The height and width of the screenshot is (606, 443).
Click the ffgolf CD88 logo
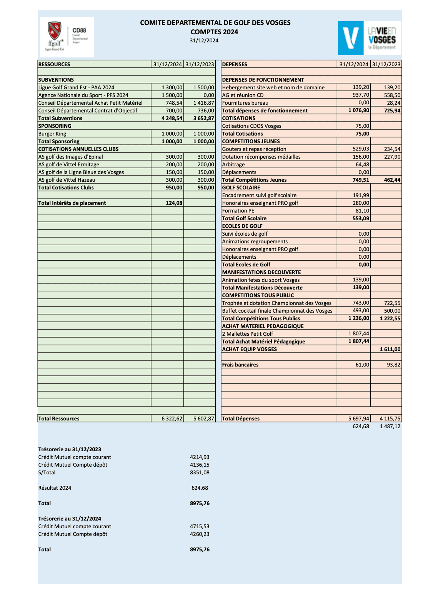pos(67,37)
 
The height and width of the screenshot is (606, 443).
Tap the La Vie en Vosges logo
pos(369,38)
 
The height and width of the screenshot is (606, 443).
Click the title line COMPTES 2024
pos(214,32)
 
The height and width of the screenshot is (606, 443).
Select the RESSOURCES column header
pos(54,64)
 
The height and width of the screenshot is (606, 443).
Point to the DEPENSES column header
pos(235,64)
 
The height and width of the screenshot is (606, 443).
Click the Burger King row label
pos(52,134)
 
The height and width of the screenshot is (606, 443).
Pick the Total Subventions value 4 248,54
pos(172,118)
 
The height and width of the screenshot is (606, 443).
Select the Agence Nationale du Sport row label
pos(83,95)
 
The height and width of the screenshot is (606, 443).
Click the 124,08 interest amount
pos(174,203)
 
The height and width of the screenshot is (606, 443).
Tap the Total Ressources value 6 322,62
pos(172,419)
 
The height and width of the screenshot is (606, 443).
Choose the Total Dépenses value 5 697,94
pos(359,419)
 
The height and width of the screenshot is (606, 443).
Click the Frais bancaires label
pos(240,365)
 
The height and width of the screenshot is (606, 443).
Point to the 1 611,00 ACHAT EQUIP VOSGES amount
pos(390,349)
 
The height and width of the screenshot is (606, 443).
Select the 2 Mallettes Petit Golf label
pos(248,334)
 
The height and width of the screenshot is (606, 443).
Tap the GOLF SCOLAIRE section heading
pos(241,187)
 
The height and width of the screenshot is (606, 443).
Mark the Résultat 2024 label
pos(55,488)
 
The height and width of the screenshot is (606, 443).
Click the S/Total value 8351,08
pos(200,472)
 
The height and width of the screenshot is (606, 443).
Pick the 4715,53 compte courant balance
pos(200,526)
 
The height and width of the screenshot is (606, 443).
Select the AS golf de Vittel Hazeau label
pos(67,180)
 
